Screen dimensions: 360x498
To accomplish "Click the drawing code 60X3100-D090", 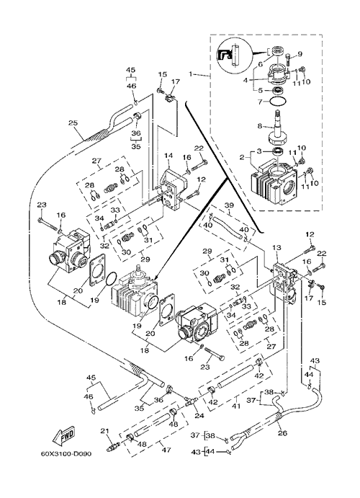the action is tap(66, 454).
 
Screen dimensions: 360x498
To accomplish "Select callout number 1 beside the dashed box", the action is tap(191, 74).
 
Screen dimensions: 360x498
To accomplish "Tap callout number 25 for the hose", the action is tap(73, 123).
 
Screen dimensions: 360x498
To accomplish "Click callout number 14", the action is tap(168, 156).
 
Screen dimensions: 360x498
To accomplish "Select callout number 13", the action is tap(276, 248).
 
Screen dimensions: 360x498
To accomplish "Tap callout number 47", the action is tap(166, 450).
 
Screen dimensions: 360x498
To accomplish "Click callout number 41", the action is tap(236, 406).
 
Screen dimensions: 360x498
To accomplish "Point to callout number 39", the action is tap(229, 205).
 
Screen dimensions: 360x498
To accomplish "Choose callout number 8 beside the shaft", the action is tap(259, 126).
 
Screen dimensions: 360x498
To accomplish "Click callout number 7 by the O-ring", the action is tap(260, 102).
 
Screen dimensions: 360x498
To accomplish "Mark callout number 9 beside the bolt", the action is tap(300, 53).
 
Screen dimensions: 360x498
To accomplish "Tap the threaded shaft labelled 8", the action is tap(279, 128).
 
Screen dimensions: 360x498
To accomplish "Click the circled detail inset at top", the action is tap(234, 56).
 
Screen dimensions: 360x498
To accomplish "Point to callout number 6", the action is tap(260, 64).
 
